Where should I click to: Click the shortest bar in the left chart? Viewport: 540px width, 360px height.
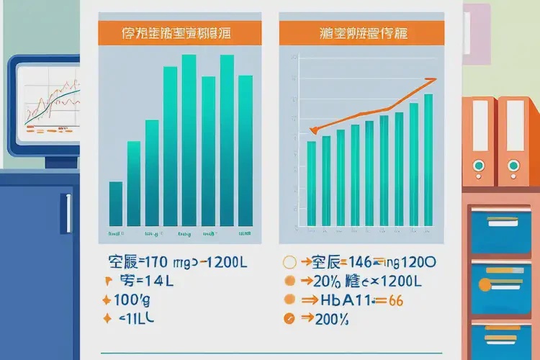click(115, 204)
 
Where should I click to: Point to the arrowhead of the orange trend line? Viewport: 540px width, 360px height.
click(432, 80)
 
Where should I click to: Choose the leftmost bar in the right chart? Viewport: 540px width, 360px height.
click(311, 184)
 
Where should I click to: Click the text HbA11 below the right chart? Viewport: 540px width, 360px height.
click(343, 300)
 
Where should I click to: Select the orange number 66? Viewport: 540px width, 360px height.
click(395, 301)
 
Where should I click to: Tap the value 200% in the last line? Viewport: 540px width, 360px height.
click(333, 320)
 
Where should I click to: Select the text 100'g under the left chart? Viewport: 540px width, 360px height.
click(130, 299)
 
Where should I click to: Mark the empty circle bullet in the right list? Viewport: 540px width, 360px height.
click(289, 262)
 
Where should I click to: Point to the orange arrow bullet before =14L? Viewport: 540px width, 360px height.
click(109, 281)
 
